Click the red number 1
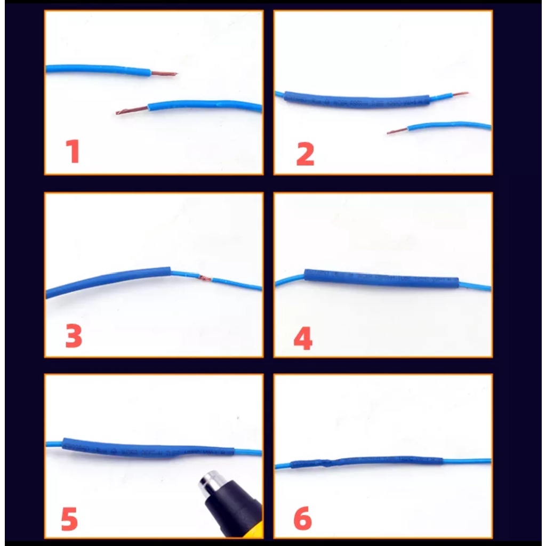coord(74,151)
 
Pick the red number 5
coord(69,519)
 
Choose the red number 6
coord(303,518)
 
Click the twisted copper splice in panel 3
coord(205,278)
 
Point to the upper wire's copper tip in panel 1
coord(164,74)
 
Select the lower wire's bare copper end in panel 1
coord(132,110)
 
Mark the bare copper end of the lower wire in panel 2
coord(397,131)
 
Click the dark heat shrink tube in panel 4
coord(381,278)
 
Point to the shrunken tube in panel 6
coord(366,462)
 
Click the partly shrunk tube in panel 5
coord(148,448)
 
